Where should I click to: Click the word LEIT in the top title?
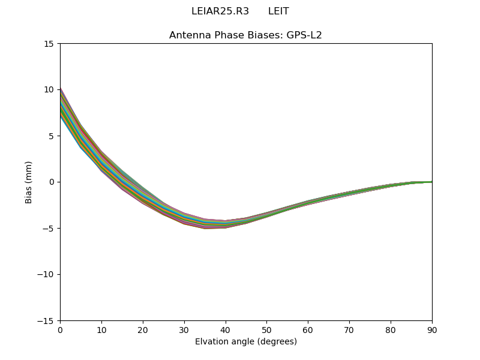pyautogui.click(x=278, y=11)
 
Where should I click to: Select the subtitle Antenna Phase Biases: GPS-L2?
pyautogui.click(x=245, y=35)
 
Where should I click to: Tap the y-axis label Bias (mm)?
pyautogui.click(x=29, y=182)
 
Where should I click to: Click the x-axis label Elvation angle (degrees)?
pyautogui.click(x=245, y=342)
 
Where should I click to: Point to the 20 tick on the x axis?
pyautogui.click(x=143, y=329)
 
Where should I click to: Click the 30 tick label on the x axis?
pyautogui.click(x=184, y=329)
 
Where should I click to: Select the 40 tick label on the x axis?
pyautogui.click(x=226, y=329)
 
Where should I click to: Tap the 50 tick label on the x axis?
pyautogui.click(x=266, y=329)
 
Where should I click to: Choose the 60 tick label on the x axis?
pyautogui.click(x=308, y=329)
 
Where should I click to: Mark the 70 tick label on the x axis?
pyautogui.click(x=349, y=329)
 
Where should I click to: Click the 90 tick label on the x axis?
pyautogui.click(x=432, y=329)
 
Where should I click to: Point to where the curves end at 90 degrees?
pyautogui.click(x=431, y=182)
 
